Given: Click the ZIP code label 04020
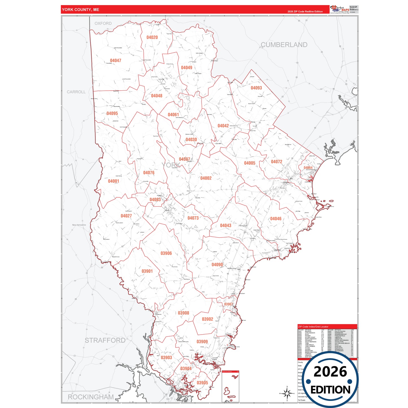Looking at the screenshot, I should (x=152, y=37).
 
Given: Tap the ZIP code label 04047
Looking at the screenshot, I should (x=115, y=60).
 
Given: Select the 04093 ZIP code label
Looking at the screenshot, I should (x=256, y=88).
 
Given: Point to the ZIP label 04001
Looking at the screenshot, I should (x=114, y=181).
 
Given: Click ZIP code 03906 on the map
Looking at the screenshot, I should (x=166, y=253).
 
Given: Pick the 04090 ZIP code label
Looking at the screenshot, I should (x=217, y=265).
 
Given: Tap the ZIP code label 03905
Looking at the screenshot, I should (x=202, y=383).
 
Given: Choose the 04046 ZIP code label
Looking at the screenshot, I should (x=276, y=219).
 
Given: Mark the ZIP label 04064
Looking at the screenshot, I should (x=308, y=168).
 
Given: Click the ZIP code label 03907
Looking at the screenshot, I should (x=228, y=304).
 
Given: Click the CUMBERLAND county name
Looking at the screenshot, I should (x=284, y=45).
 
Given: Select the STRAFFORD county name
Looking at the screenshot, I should (x=105, y=340).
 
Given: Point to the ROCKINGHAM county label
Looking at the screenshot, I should (x=91, y=397).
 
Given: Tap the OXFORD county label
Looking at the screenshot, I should (x=103, y=23).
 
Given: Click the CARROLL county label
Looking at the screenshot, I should (x=76, y=92).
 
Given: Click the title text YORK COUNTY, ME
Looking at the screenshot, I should (x=80, y=10).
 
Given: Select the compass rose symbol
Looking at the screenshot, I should (x=287, y=393).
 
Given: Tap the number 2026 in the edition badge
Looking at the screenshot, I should (x=330, y=372).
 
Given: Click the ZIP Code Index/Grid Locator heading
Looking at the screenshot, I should (x=313, y=327).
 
